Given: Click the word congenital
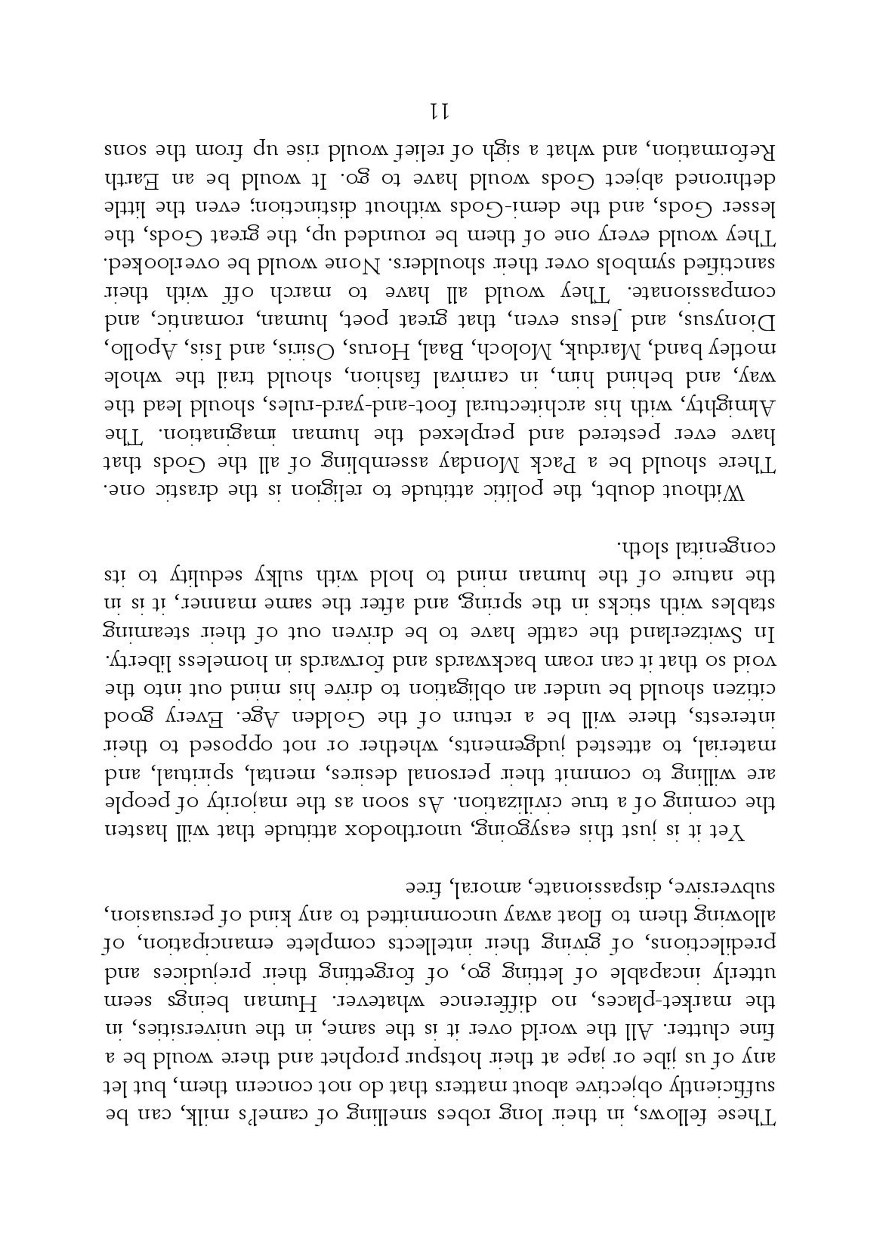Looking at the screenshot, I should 726,545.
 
